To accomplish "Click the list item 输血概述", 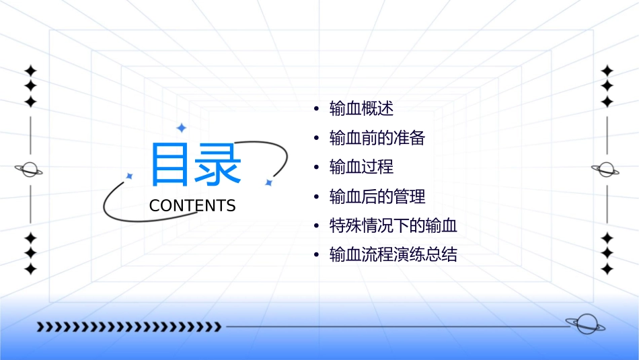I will tap(361, 108).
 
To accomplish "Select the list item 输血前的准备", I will tap(377, 138).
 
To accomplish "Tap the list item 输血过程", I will tap(361, 167).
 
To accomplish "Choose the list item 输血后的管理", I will tap(377, 196).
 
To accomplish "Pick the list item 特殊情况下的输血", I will tap(393, 225).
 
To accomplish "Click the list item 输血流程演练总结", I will tap(393, 255).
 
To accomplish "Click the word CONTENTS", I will tap(192, 206).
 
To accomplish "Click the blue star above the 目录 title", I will tap(181, 128).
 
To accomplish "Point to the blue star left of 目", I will tap(130, 176).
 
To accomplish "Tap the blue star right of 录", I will tap(268, 182).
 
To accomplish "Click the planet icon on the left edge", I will tap(30, 170).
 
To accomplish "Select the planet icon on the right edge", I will tap(606, 170).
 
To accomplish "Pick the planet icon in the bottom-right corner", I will tap(585, 324).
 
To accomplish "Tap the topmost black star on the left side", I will tap(30, 71).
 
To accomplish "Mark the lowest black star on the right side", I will tap(607, 269).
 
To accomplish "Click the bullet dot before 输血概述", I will tap(316, 109).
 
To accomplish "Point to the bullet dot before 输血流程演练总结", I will tap(316, 256).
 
